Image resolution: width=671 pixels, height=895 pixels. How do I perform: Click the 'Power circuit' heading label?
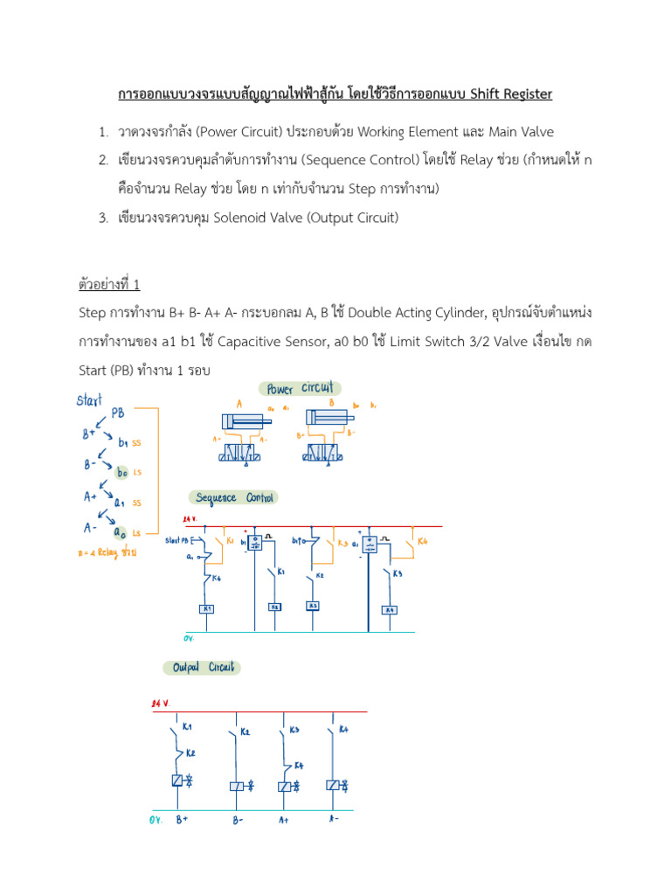point(300,388)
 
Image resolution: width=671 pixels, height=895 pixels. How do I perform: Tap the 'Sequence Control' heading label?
point(235,498)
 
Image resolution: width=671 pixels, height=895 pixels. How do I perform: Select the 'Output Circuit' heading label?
point(202,667)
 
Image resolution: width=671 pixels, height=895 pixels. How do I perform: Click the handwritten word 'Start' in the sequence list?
point(89,400)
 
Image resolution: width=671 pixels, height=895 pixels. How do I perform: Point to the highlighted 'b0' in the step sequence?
point(123,473)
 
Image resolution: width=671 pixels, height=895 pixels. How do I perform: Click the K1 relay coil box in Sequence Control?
point(208,608)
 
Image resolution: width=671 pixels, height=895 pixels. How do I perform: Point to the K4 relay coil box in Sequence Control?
point(391,610)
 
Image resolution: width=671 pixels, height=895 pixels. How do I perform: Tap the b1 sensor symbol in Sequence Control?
point(254,543)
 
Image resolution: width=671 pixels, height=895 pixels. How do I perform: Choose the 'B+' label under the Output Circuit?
point(181,819)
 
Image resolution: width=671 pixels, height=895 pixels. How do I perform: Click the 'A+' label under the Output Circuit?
point(284,819)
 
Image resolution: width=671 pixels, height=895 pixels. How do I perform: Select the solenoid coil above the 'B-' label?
point(236,786)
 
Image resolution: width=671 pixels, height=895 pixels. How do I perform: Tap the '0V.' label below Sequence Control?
point(188,638)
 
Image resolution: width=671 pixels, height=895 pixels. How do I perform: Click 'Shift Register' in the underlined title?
point(511,94)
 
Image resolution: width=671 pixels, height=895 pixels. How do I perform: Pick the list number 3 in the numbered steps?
point(102,218)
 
